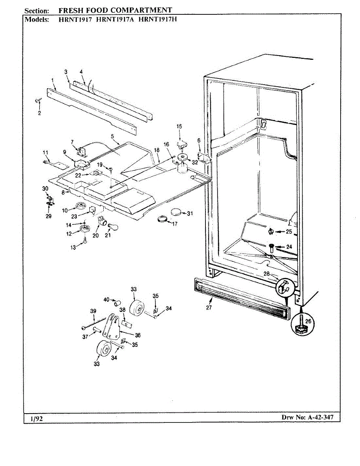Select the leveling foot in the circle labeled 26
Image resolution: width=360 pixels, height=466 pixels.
pyautogui.click(x=300, y=325)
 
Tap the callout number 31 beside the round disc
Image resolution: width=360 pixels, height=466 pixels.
pyautogui.click(x=190, y=214)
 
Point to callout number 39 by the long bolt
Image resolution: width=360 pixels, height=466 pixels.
pyautogui.click(x=92, y=311)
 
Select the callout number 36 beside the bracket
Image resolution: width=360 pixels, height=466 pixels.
pyautogui.click(x=138, y=335)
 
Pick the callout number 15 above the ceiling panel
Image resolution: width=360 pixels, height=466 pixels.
pyautogui.click(x=179, y=126)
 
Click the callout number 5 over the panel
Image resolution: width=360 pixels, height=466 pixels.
pyautogui.click(x=112, y=136)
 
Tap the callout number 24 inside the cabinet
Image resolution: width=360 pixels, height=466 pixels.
pyautogui.click(x=289, y=247)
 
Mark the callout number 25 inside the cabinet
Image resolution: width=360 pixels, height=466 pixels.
pyautogui.click(x=289, y=232)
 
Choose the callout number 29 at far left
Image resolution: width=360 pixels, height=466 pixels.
pyautogui.click(x=49, y=216)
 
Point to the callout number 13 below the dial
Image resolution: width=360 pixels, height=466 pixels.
pyautogui.click(x=73, y=248)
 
